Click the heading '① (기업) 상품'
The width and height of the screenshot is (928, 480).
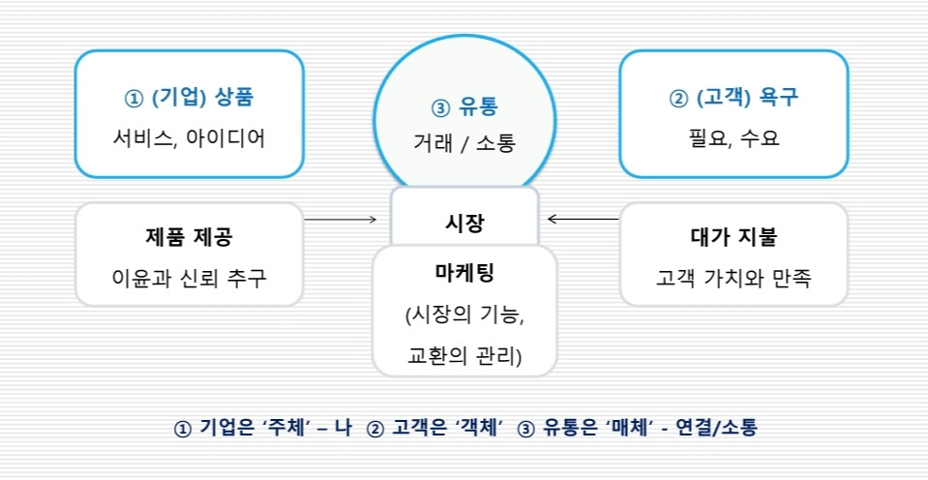pyautogui.click(x=190, y=98)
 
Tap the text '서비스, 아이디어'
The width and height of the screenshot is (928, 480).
pyautogui.click(x=189, y=138)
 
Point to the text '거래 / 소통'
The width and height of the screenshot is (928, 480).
pyautogui.click(x=464, y=143)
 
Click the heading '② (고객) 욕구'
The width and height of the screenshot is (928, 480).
pyautogui.click(x=733, y=98)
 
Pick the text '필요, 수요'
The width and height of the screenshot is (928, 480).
pyautogui.click(x=733, y=138)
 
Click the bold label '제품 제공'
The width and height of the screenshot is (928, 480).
pyautogui.click(x=190, y=237)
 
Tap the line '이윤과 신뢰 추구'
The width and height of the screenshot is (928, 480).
pyautogui.click(x=189, y=279)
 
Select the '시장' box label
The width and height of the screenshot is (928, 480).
pyautogui.click(x=464, y=222)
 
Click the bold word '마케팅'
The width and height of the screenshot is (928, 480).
pyautogui.click(x=464, y=272)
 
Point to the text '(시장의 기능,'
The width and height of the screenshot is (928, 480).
pyautogui.click(x=464, y=315)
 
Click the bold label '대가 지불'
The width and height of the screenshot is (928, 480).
pyautogui.click(x=733, y=237)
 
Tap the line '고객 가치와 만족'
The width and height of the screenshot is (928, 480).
pyautogui.click(x=733, y=279)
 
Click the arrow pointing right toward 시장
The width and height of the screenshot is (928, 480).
pyautogui.click(x=341, y=220)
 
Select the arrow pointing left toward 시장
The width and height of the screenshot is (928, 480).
pyautogui.click(x=583, y=220)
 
